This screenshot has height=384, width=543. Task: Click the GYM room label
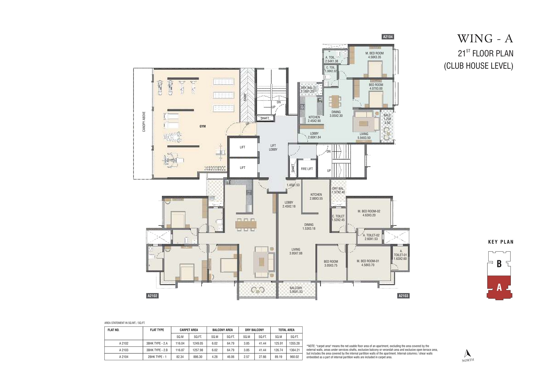click(x=203, y=126)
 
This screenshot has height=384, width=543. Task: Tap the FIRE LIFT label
click(x=307, y=169)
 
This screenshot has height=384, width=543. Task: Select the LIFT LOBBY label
click(x=273, y=148)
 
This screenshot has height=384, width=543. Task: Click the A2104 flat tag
click(x=388, y=37)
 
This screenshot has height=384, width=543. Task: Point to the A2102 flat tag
click(x=152, y=296)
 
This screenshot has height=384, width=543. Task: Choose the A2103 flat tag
click(x=403, y=296)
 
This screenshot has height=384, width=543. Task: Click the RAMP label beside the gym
click(x=245, y=97)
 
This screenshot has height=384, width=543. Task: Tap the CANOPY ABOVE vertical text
click(x=144, y=122)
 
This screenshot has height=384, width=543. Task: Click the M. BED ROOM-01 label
click(x=368, y=261)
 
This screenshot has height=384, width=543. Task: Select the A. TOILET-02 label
click(x=371, y=235)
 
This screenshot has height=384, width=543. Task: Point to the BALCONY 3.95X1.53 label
click(x=296, y=290)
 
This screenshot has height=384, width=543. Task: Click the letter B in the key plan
click(x=499, y=264)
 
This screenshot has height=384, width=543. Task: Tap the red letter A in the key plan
click(x=499, y=287)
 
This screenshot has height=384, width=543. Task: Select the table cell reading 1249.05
click(x=198, y=343)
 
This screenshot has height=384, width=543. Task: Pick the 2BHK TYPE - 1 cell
click(x=157, y=357)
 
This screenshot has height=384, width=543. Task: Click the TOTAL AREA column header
click(x=286, y=330)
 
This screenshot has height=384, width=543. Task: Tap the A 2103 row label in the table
click(x=123, y=350)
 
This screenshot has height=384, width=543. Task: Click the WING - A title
click(x=485, y=38)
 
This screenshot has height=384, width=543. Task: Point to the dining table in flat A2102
click(x=246, y=224)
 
